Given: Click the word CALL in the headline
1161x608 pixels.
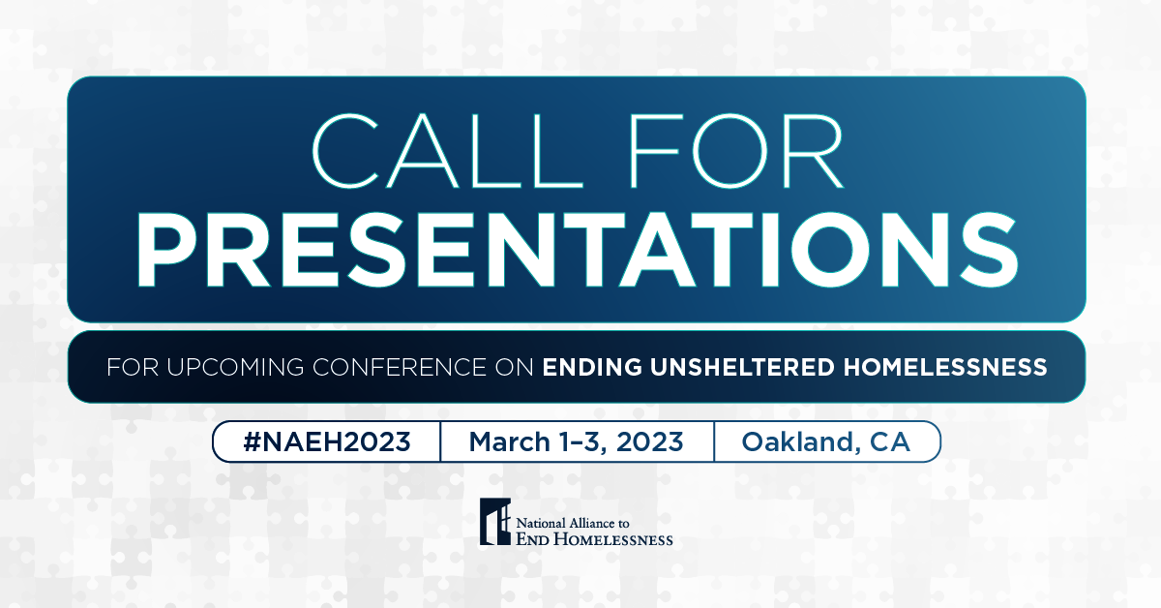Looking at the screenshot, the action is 447,151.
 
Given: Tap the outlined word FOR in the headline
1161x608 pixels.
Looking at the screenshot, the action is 736,151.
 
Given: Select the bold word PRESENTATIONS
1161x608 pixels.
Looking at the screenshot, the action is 578,250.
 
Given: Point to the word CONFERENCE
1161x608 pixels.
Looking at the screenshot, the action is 399,367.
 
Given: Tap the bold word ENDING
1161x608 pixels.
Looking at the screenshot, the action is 592,367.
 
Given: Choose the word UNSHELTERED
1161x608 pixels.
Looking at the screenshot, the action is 742,367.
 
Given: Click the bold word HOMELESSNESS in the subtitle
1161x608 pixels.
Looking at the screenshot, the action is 945,367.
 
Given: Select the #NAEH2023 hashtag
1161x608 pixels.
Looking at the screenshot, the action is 327,442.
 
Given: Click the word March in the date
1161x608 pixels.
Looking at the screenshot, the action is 510,442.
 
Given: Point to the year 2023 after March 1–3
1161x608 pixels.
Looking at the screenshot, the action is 650,442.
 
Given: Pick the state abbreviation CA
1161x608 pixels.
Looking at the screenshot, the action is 890,442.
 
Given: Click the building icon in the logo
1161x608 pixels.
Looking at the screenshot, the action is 495,522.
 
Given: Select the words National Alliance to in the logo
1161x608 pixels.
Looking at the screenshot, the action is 573,523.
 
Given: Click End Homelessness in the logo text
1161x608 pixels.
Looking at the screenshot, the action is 594,539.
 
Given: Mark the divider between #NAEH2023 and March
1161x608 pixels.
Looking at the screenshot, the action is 440,441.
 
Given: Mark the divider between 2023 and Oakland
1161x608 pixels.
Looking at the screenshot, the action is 714,441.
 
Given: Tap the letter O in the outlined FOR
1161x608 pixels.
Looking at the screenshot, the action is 729,151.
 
